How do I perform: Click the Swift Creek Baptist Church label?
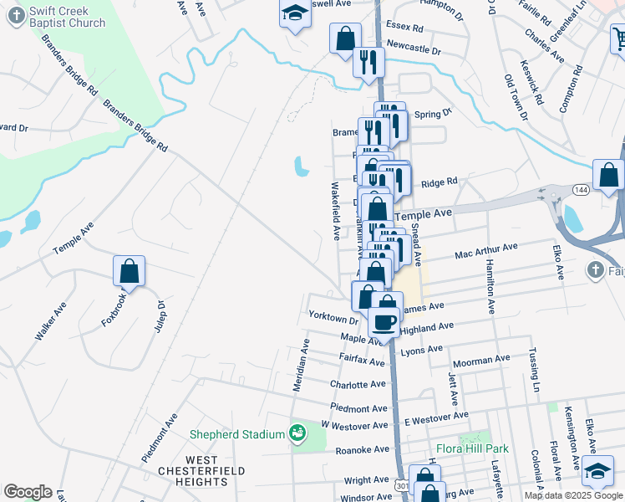click(x=67, y=17)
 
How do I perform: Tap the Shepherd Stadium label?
click(x=237, y=434)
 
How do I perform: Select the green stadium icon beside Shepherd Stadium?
click(x=296, y=433)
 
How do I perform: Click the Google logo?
click(x=28, y=492)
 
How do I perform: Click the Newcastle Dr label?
click(x=413, y=49)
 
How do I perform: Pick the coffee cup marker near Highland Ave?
click(x=385, y=322)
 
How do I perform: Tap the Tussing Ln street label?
click(x=535, y=368)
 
